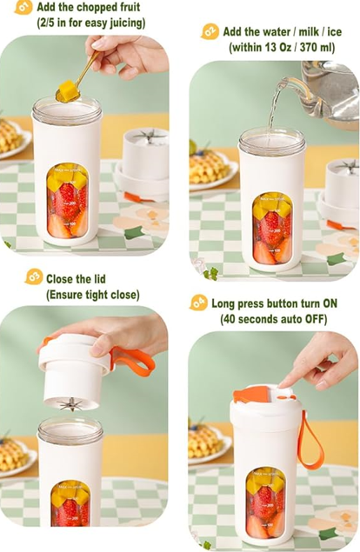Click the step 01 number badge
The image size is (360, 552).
click(23, 8)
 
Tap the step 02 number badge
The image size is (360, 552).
click(210, 32)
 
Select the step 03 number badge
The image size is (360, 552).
click(33, 276)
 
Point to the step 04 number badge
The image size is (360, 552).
click(198, 303)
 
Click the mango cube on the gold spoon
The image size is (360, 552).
click(69, 90)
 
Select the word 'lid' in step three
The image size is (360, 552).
click(98, 279)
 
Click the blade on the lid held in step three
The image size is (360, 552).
click(70, 404)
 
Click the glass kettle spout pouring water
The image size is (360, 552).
click(286, 83)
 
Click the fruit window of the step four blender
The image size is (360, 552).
click(265, 504)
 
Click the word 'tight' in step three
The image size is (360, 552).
click(99, 295)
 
